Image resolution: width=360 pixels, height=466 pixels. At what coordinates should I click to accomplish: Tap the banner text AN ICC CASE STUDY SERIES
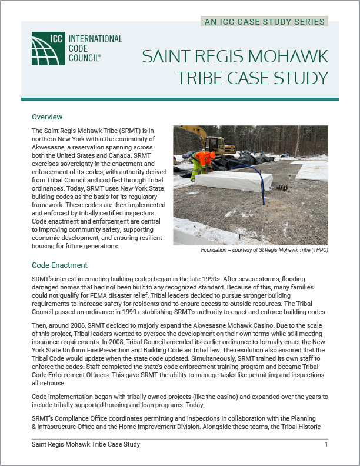click(265, 22)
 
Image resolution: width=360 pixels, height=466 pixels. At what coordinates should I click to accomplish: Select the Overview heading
click(47, 117)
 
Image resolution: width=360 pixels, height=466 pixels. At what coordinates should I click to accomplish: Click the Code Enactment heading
click(59, 265)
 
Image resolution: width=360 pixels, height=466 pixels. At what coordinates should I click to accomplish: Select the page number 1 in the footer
click(326, 444)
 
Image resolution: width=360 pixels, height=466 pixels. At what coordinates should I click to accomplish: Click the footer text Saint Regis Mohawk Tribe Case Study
click(86, 444)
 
